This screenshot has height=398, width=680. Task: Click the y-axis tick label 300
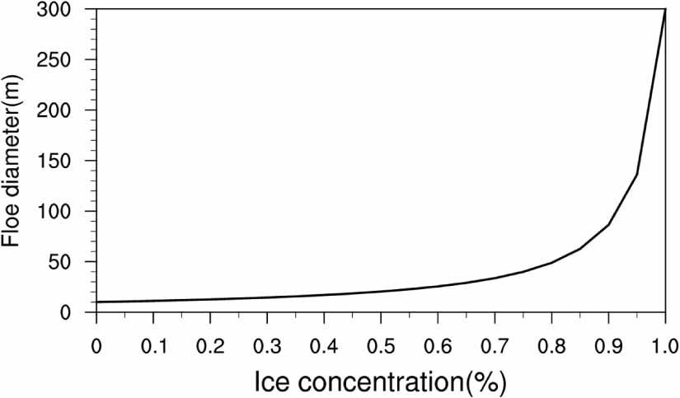(x=65, y=10)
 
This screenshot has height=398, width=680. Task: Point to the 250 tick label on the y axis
(x=65, y=60)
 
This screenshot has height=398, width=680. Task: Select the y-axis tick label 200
(x=65, y=110)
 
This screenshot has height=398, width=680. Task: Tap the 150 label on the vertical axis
(x=65, y=161)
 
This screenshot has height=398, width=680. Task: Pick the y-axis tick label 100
(x=65, y=212)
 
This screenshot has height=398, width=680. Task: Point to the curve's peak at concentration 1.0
(x=665, y=10)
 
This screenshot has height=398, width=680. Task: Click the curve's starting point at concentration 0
(x=96, y=302)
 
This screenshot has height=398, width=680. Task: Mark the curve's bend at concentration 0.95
(x=637, y=174)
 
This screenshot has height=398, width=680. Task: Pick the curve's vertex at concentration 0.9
(x=608, y=224)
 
